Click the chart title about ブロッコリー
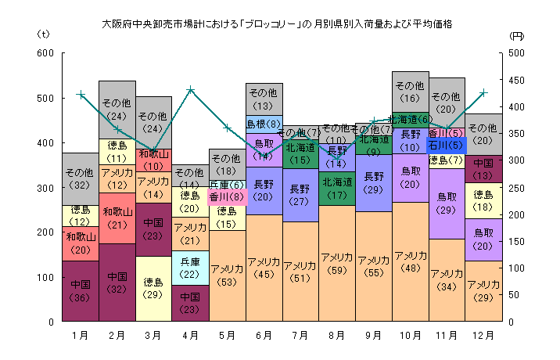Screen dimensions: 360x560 (x=278, y=24)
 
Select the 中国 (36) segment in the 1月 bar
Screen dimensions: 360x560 (x=80, y=290)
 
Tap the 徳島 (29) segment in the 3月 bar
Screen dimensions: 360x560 (x=154, y=288)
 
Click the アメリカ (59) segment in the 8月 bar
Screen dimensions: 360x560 (x=336, y=264)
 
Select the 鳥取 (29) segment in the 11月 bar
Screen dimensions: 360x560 (x=447, y=203)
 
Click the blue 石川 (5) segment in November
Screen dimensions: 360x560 (x=447, y=145)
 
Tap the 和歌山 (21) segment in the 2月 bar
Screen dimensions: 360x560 (x=117, y=218)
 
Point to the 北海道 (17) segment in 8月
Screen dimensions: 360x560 (x=336, y=189)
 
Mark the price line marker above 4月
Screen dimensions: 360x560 (x=191, y=89)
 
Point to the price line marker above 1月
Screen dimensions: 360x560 (x=80, y=94)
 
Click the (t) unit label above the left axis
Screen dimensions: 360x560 (x=43, y=35)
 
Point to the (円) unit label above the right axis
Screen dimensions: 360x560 (x=517, y=35)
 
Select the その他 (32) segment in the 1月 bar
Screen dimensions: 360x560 (x=80, y=178)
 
